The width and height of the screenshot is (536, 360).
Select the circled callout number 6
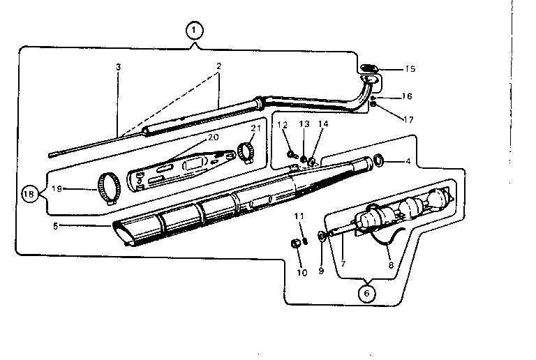(x=365, y=294)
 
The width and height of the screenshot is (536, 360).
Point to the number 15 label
(x=410, y=69)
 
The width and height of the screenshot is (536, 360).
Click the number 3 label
(x=118, y=67)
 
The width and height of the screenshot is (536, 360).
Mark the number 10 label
(x=301, y=273)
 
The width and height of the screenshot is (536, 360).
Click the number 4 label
(x=408, y=163)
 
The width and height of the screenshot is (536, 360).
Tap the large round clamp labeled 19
(x=108, y=186)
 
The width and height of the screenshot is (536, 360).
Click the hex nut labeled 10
(x=295, y=243)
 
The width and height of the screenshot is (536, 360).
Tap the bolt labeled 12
(x=291, y=153)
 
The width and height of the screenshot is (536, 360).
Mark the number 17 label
(x=408, y=119)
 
